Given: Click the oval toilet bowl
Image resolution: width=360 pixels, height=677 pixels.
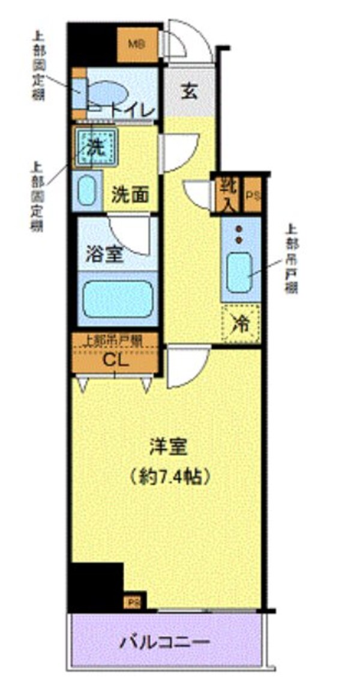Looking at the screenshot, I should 110,93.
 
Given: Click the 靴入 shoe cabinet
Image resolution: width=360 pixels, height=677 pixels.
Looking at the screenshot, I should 227,194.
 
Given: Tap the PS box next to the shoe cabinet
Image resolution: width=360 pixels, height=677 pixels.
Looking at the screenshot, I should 252,195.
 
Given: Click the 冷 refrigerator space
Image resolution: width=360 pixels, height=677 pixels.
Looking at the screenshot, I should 241,325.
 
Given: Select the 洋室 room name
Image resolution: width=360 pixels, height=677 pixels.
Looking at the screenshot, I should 169,447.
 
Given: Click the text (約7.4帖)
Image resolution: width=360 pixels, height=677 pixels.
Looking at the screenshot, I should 169,478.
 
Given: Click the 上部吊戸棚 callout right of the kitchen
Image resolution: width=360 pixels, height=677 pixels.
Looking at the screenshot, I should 292,258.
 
